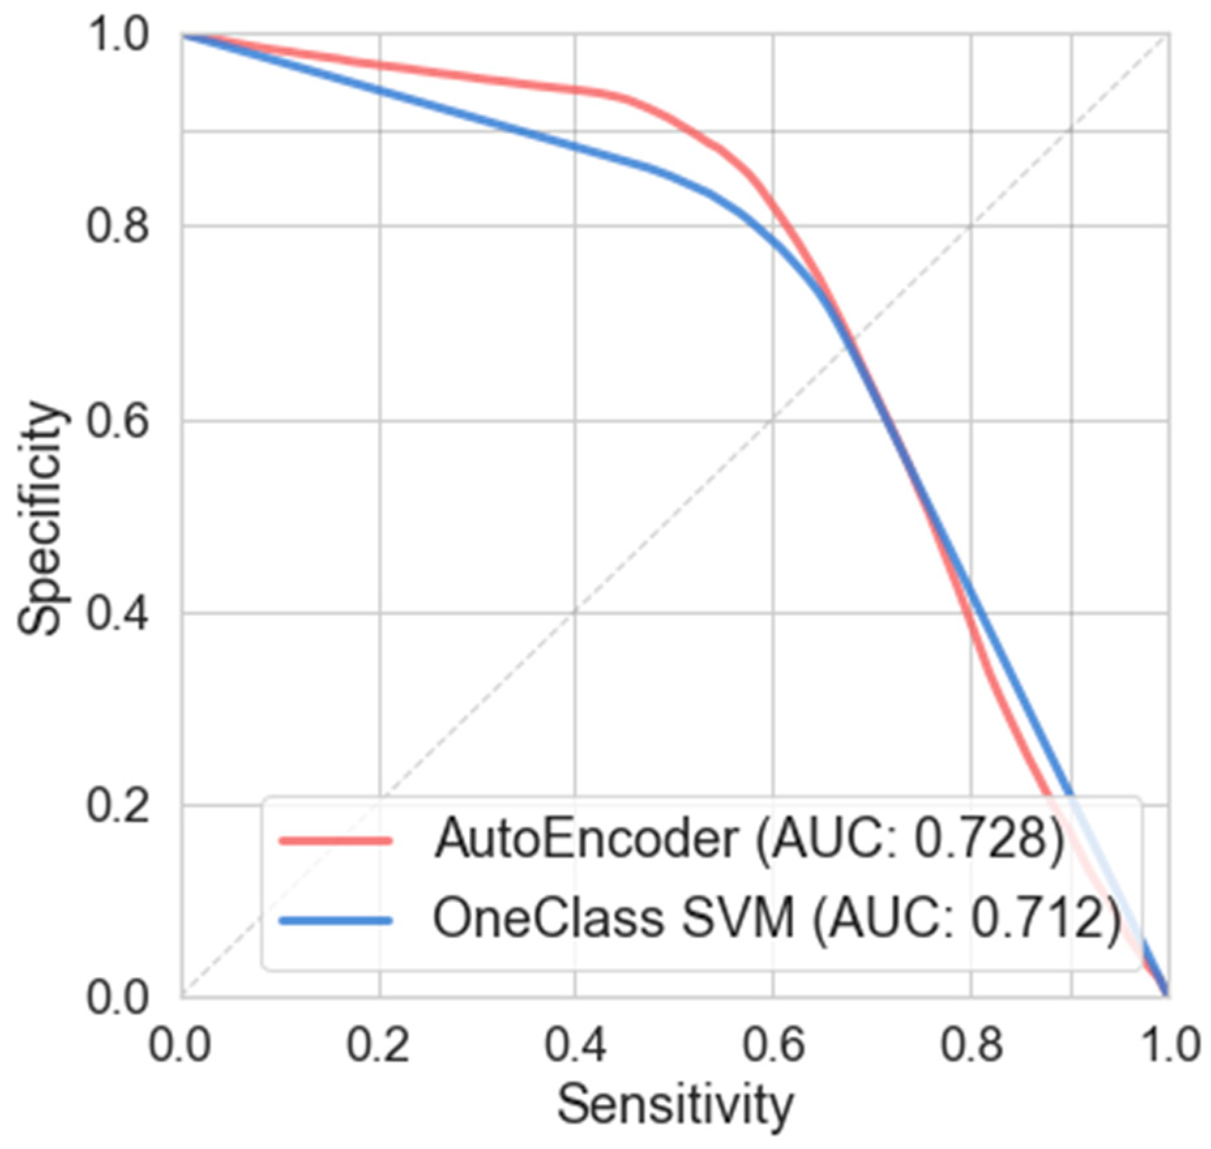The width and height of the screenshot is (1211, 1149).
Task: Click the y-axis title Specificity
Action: click(x=40, y=519)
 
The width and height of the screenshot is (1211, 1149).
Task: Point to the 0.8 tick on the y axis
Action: click(x=117, y=227)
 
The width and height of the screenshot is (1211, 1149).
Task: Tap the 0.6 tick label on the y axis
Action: click(x=117, y=420)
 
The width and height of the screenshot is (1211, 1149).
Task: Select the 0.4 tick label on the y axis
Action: click(x=117, y=614)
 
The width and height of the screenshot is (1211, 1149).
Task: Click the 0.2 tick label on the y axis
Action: click(x=117, y=806)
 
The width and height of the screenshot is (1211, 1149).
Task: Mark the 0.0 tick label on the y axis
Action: click(x=117, y=998)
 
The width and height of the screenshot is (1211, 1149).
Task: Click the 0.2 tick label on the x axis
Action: click(x=378, y=1045)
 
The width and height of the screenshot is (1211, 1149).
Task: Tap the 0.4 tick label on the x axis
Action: click(x=575, y=1045)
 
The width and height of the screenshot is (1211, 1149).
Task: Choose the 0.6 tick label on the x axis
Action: click(x=773, y=1045)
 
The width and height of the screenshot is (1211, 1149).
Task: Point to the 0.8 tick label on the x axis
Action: click(x=971, y=1045)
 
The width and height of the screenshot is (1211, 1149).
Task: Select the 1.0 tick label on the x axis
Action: click(x=1168, y=1045)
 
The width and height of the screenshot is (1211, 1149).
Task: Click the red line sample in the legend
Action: click(x=336, y=841)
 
